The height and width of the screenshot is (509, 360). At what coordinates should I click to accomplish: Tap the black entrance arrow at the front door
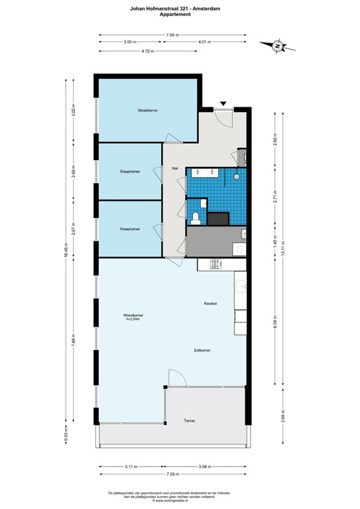tap(223, 103)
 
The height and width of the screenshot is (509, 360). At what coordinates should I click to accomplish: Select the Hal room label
tap(175, 168)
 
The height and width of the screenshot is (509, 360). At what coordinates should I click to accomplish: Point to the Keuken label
tap(211, 304)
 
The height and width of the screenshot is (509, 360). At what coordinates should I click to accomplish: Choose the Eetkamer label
tap(202, 349)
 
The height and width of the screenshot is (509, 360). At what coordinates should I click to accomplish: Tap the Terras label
tap(190, 421)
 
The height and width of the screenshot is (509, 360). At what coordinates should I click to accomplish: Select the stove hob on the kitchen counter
tap(215, 264)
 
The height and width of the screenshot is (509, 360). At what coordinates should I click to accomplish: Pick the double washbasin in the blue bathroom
tap(205, 172)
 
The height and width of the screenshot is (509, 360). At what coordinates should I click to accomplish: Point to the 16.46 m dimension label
tap(66, 255)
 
